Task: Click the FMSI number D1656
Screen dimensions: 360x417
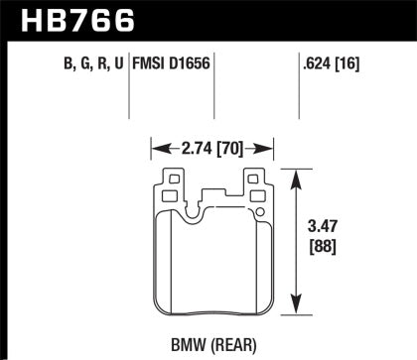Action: pos(192,67)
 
